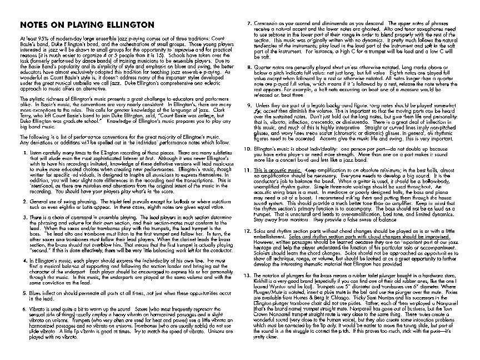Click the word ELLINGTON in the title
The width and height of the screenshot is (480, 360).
[x=125, y=25]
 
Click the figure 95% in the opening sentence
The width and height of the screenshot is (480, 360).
[x=37, y=36]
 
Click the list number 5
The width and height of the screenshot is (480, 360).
[x=23, y=291]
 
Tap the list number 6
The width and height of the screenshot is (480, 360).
[x=23, y=307]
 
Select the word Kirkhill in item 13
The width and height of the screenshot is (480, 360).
[x=264, y=281]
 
